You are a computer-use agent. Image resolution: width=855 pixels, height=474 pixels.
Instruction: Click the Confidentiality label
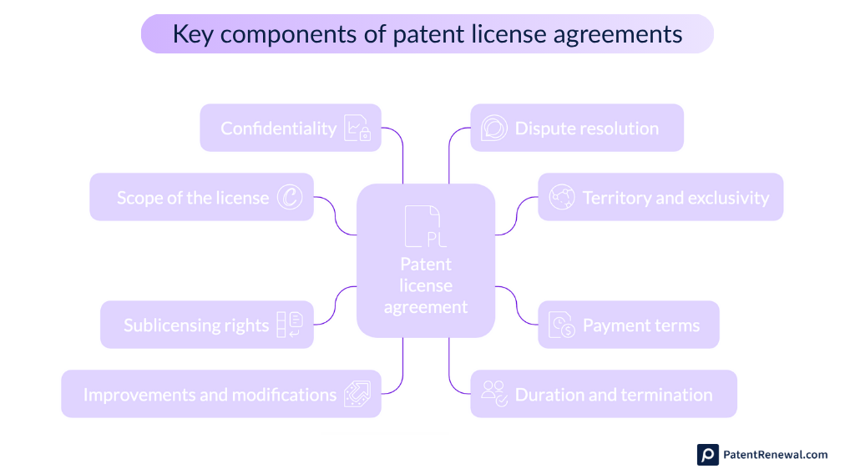click(x=278, y=129)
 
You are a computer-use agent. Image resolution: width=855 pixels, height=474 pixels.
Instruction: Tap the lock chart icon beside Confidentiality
click(x=357, y=129)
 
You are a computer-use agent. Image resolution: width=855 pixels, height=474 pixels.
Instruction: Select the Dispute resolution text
click(x=586, y=129)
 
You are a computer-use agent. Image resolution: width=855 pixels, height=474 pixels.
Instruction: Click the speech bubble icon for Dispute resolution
click(x=493, y=129)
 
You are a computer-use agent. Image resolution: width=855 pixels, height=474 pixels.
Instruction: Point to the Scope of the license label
click(x=193, y=198)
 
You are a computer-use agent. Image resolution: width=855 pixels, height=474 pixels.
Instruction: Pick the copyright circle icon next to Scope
click(x=290, y=198)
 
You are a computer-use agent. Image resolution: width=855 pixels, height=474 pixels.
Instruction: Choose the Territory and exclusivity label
click(x=675, y=198)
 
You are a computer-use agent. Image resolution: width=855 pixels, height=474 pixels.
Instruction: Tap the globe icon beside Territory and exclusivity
click(x=562, y=198)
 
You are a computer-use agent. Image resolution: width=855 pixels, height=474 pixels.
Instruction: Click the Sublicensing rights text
click(x=196, y=325)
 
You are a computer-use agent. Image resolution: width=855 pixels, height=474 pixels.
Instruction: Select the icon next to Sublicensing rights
click(x=289, y=325)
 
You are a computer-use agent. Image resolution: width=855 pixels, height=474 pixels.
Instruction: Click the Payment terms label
click(x=641, y=325)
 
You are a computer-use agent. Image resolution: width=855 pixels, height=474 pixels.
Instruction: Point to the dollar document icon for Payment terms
click(x=562, y=325)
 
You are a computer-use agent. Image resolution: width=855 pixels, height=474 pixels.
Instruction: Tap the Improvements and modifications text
click(x=210, y=395)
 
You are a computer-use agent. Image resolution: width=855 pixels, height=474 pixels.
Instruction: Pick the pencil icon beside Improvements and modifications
click(x=357, y=395)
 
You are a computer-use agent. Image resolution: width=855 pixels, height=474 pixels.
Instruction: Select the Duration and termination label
click(x=614, y=395)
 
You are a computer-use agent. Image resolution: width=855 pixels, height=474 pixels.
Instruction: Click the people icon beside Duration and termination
click(x=494, y=394)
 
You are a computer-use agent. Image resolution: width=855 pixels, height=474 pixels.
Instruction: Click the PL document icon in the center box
click(x=425, y=227)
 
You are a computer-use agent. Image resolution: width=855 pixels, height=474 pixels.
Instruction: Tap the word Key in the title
click(x=190, y=34)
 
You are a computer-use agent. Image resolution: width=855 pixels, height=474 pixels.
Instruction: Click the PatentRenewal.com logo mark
click(x=708, y=455)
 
